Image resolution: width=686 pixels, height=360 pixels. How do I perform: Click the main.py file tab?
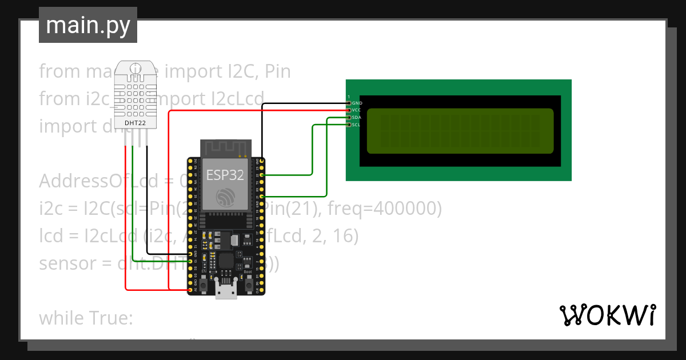(88, 25)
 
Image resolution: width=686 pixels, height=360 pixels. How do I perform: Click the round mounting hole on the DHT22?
(135, 69)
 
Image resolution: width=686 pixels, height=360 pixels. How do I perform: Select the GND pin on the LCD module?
(349, 103)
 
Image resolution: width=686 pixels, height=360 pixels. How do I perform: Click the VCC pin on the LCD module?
(349, 110)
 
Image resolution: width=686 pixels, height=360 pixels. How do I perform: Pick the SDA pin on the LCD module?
(349, 117)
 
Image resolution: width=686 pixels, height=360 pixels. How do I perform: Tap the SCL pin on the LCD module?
(349, 124)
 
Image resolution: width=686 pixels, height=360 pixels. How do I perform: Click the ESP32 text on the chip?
(225, 175)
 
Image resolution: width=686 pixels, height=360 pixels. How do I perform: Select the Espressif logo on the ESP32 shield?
(225, 197)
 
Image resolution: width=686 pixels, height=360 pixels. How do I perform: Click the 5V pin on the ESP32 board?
(190, 290)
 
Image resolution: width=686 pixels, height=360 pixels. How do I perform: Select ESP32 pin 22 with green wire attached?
(262, 175)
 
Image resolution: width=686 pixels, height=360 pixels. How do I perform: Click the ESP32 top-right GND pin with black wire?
(262, 161)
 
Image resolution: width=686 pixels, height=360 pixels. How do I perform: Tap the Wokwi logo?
(607, 315)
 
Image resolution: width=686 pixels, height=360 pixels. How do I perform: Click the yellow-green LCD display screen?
(460, 131)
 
